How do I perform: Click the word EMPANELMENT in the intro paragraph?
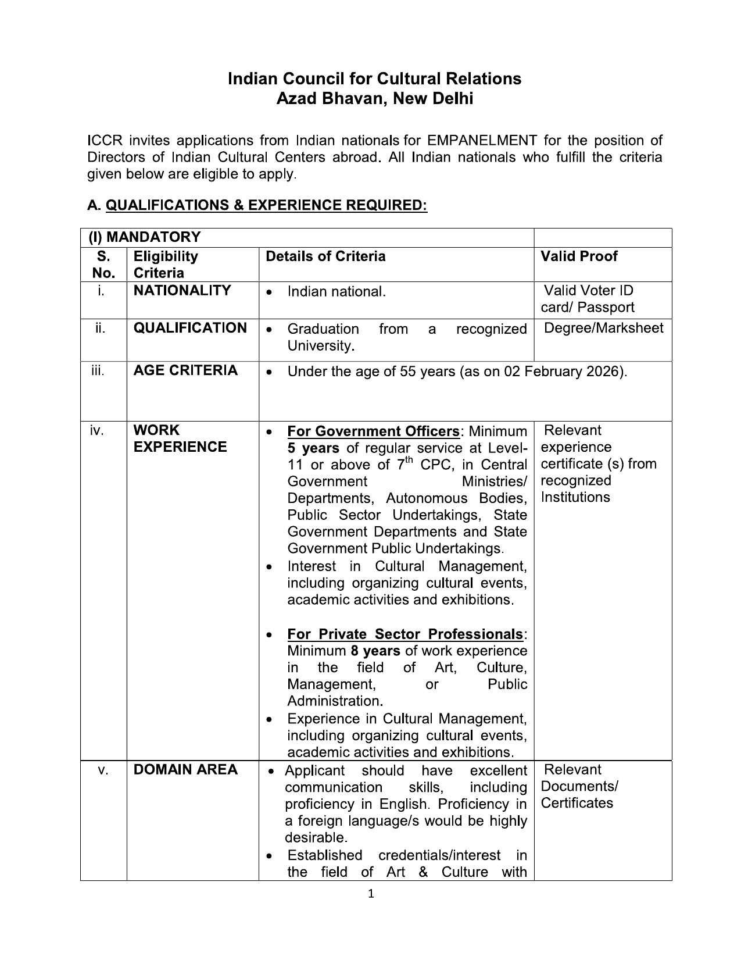tap(481, 141)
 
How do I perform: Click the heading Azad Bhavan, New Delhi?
tap(374, 99)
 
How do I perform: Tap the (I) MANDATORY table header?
tap(144, 237)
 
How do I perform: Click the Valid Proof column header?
tap(579, 256)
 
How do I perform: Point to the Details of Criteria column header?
tap(325, 256)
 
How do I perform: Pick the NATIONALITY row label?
tap(182, 291)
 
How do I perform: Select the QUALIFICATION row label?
tap(190, 328)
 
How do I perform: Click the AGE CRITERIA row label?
tap(185, 370)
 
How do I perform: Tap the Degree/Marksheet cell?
tap(603, 328)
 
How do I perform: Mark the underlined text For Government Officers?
tap(373, 431)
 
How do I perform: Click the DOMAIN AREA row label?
tap(185, 770)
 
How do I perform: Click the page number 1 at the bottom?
tap(371, 894)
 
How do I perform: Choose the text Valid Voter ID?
tap(588, 291)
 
